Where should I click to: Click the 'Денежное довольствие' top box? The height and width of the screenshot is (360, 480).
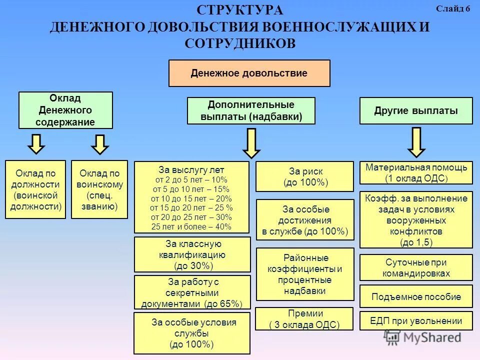point(249,73)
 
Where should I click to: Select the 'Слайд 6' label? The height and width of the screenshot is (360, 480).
point(453,9)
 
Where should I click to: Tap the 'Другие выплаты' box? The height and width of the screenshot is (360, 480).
point(416,111)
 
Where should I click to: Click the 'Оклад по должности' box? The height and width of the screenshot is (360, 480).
point(35,189)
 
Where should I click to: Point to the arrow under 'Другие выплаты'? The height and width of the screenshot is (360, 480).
point(416,142)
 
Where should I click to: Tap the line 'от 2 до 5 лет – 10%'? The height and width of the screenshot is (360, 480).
point(191,179)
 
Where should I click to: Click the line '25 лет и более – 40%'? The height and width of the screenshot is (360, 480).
point(191,226)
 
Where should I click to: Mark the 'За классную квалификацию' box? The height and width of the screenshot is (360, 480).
point(192,254)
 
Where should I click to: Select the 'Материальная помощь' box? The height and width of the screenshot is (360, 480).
point(416,172)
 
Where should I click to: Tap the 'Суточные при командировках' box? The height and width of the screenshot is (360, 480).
point(416,267)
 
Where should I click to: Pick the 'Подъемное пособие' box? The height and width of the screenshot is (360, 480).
point(416,296)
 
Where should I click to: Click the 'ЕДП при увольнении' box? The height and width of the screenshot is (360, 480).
point(416,321)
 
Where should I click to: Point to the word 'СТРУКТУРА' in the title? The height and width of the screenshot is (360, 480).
point(239,10)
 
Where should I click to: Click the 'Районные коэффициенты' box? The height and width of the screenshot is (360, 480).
point(305,274)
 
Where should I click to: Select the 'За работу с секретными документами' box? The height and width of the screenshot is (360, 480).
point(192,292)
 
